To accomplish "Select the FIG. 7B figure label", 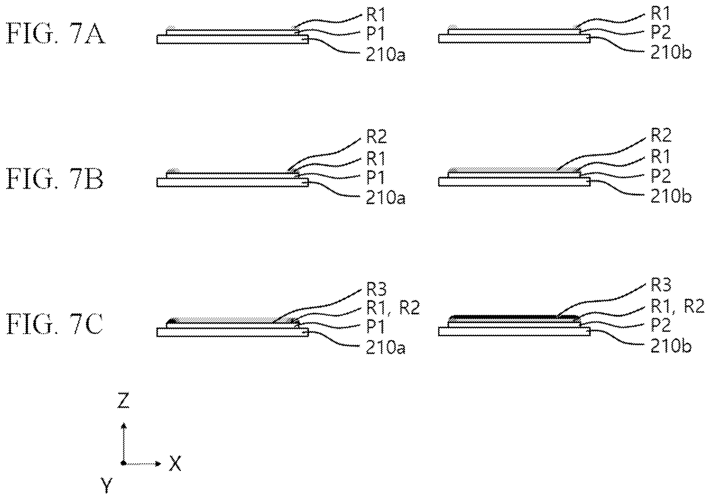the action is [x=55, y=180].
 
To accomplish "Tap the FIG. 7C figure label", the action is [x=55, y=324].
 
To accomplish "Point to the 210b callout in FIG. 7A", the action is [x=671, y=53].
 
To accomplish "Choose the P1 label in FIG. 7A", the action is [x=376, y=33].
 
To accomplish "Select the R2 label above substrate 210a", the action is [x=377, y=136].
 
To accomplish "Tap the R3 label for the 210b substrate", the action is [x=661, y=285].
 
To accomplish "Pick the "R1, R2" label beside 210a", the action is [x=393, y=308].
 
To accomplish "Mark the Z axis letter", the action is [x=123, y=400].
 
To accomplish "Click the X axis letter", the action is [x=175, y=463].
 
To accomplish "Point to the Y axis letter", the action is [x=106, y=485].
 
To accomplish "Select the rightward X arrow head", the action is [x=158, y=463].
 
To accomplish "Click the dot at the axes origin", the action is [x=123, y=463].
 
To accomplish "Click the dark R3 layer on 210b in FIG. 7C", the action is [x=514, y=317].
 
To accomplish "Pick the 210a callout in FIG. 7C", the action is [x=386, y=348].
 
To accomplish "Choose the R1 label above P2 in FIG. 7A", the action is [x=661, y=13].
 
